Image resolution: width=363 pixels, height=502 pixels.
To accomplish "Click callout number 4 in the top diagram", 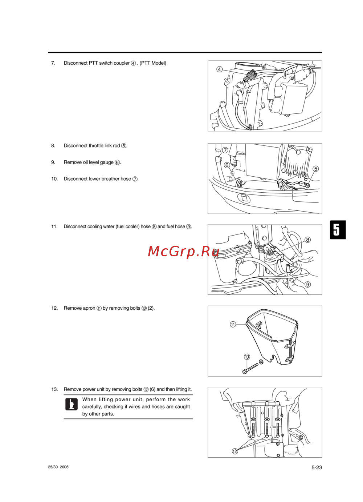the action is click(x=219, y=69).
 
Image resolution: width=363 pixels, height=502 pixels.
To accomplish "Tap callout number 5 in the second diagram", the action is click(x=315, y=169).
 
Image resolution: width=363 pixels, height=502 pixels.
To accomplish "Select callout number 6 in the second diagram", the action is click(x=227, y=165).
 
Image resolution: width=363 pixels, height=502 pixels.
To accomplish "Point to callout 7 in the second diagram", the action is click(x=225, y=150).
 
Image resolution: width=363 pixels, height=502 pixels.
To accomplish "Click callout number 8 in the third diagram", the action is click(x=308, y=240).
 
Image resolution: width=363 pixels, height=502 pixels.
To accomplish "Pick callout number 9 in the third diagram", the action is click(x=308, y=284).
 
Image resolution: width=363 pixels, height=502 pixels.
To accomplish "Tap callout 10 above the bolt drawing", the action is click(x=247, y=357).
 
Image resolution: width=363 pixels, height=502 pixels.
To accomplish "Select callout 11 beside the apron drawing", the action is click(x=233, y=324).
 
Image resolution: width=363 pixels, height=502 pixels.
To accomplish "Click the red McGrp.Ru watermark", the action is click(x=184, y=251).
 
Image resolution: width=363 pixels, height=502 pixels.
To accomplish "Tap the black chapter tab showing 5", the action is click(x=338, y=230).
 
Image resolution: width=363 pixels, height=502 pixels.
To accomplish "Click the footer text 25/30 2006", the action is click(x=58, y=467).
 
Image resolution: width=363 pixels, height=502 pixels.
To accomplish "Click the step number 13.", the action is click(x=54, y=389).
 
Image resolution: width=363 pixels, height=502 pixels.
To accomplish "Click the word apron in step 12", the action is click(x=89, y=308).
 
